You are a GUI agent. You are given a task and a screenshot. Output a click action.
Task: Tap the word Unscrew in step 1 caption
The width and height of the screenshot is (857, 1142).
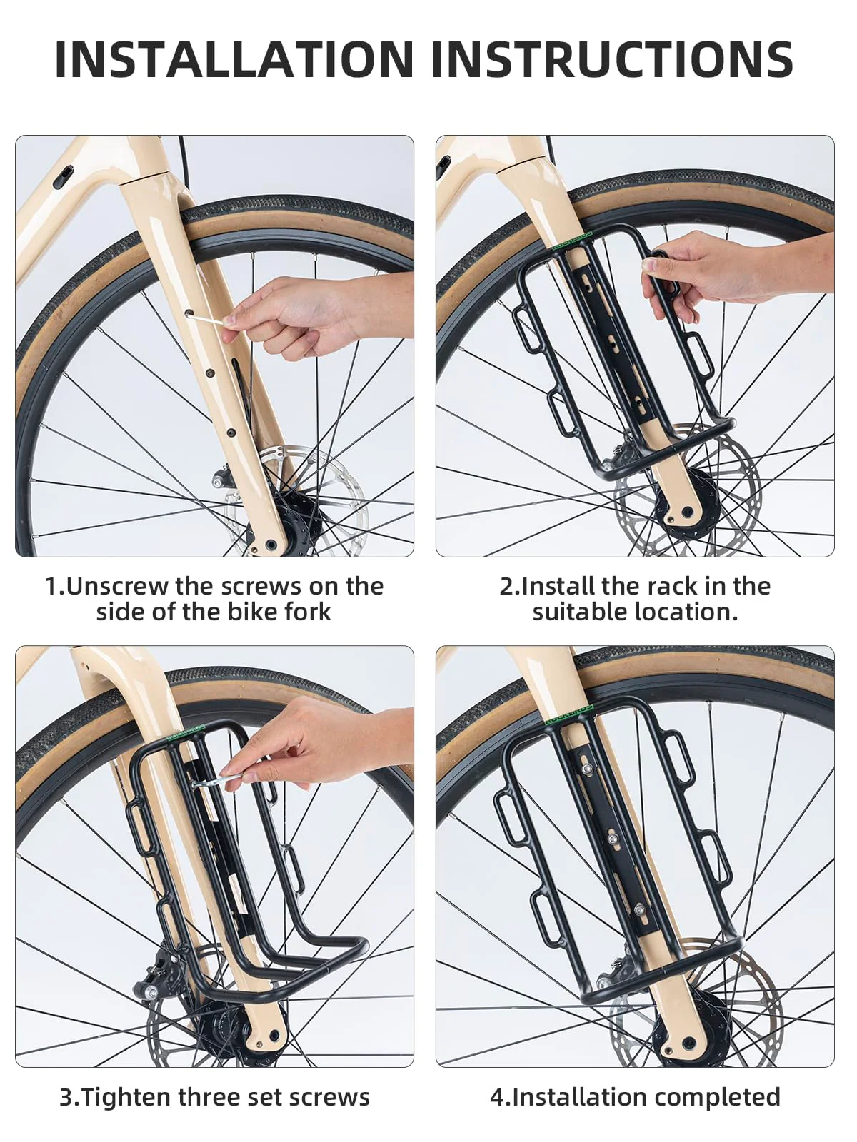point(118,587)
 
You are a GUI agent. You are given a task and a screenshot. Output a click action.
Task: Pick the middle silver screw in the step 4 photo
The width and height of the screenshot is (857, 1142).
point(613,839)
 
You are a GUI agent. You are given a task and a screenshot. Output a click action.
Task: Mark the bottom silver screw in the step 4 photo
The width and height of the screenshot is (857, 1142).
point(639,909)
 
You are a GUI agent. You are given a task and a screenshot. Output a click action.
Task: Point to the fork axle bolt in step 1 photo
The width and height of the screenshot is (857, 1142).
point(271,545)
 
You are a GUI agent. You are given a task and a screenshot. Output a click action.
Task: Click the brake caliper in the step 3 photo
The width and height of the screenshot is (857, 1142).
point(156,973)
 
